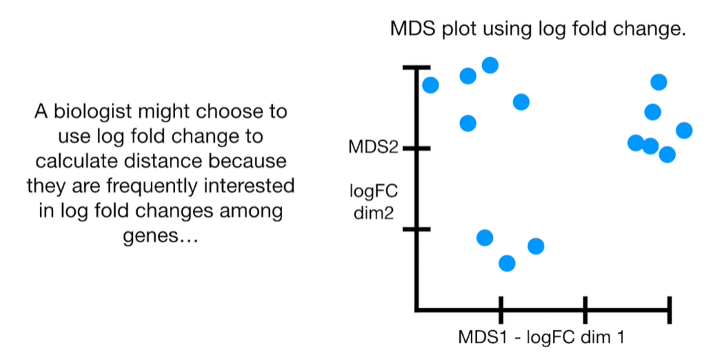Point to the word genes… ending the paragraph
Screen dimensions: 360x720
click(x=160, y=236)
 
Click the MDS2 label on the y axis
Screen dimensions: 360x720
click(x=372, y=148)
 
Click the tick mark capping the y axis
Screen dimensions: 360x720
click(x=416, y=67)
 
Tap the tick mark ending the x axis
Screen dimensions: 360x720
click(x=669, y=309)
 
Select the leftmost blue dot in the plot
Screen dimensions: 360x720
click(x=431, y=85)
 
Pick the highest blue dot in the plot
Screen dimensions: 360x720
click(x=490, y=66)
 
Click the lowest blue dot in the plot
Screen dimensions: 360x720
click(x=506, y=264)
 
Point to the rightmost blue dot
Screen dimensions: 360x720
click(x=684, y=130)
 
